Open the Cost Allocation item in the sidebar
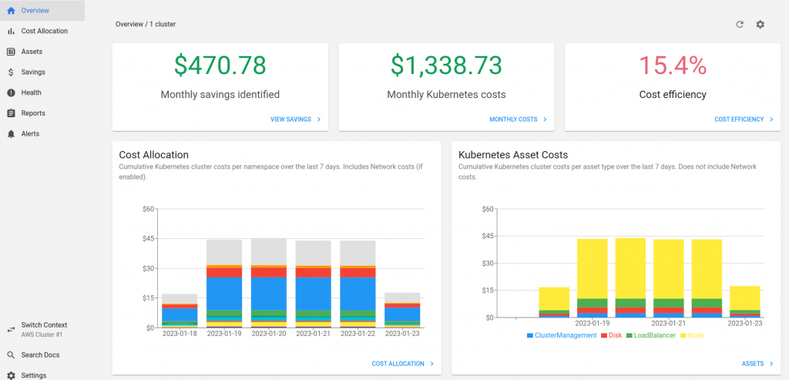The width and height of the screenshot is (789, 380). click(44, 31)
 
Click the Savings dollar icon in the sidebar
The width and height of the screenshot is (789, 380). click(11, 72)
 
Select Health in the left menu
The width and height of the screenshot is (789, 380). click(31, 92)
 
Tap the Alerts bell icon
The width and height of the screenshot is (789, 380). click(11, 134)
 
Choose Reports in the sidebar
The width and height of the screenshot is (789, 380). click(33, 113)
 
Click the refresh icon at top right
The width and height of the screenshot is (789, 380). click(740, 24)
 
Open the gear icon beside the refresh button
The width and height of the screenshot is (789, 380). click(760, 24)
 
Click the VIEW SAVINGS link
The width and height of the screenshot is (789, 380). click(296, 119)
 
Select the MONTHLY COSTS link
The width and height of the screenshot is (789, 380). click(519, 119)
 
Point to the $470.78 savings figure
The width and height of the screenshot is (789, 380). click(220, 66)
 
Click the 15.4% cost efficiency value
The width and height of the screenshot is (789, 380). click(673, 66)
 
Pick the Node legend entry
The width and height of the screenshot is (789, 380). click(692, 335)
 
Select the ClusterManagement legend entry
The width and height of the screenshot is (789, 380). click(561, 335)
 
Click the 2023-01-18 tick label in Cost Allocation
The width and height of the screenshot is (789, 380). click(180, 333)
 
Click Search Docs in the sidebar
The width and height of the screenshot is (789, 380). click(40, 355)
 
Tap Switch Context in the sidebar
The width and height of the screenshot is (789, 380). click(44, 325)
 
